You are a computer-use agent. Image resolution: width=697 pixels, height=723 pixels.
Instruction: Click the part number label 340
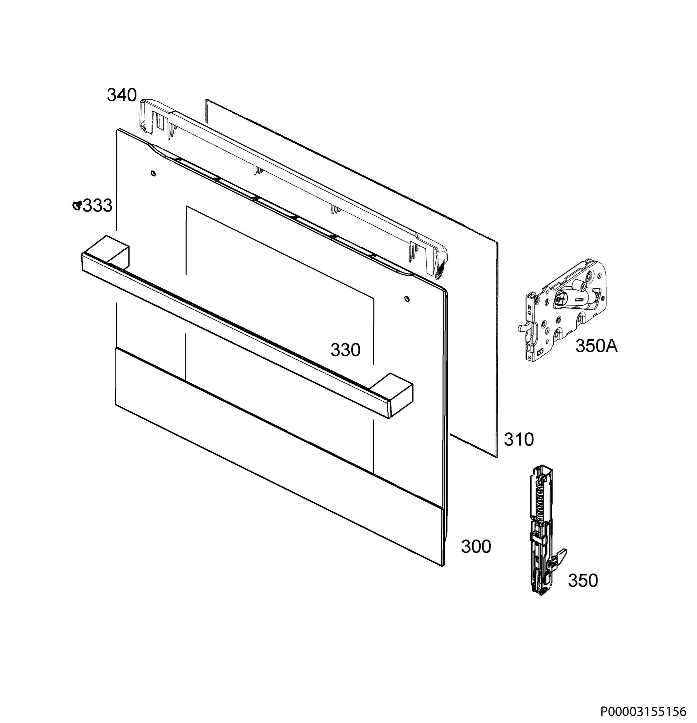(x=122, y=95)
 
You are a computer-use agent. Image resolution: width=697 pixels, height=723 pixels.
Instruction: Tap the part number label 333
(x=97, y=205)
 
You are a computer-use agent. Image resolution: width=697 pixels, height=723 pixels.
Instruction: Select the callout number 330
(x=345, y=350)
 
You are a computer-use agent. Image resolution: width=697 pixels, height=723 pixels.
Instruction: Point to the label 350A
(x=596, y=346)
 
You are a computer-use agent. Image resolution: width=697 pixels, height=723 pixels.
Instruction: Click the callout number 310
(x=519, y=439)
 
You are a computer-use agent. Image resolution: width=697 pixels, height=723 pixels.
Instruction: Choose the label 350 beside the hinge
(x=582, y=580)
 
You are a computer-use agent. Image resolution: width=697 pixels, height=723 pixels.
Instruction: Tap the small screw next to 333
(x=77, y=205)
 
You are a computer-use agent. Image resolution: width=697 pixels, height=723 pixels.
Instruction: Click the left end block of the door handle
(x=112, y=251)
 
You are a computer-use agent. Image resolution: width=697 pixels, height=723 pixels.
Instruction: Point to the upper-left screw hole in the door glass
(x=153, y=173)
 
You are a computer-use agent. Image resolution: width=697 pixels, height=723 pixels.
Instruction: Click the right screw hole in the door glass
(x=406, y=298)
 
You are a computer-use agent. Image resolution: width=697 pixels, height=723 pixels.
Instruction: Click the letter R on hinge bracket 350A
(x=529, y=307)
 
